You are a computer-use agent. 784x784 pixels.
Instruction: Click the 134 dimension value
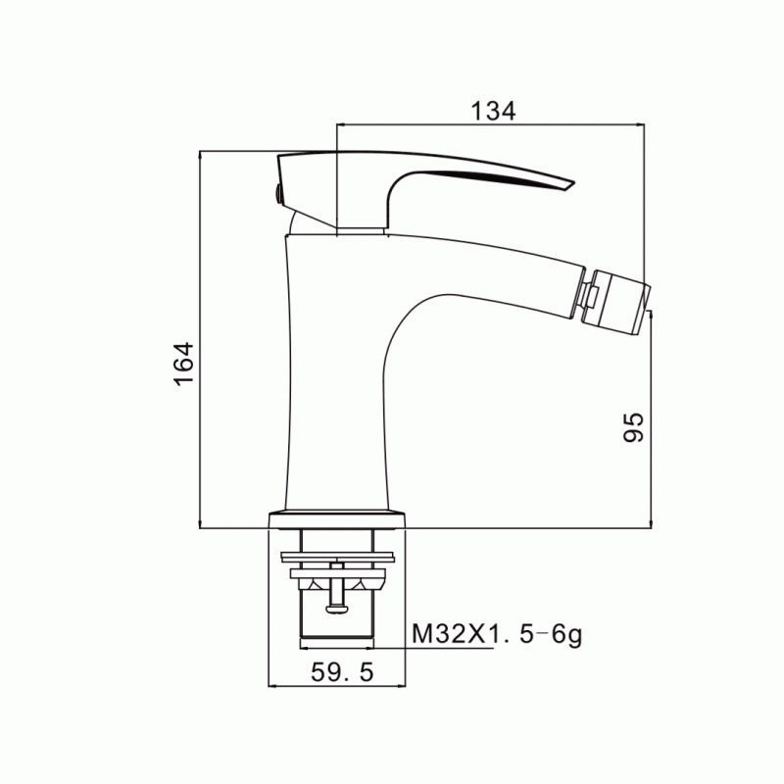click(493, 111)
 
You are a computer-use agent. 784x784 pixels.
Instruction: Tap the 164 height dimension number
click(184, 364)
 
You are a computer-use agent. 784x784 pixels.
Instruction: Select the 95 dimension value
click(633, 427)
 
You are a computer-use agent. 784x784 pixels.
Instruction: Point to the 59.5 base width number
click(342, 672)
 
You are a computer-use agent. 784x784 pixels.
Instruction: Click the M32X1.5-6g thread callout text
click(497, 635)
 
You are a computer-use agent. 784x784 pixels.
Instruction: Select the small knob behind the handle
click(275, 193)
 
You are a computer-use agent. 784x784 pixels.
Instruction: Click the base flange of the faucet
click(337, 520)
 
